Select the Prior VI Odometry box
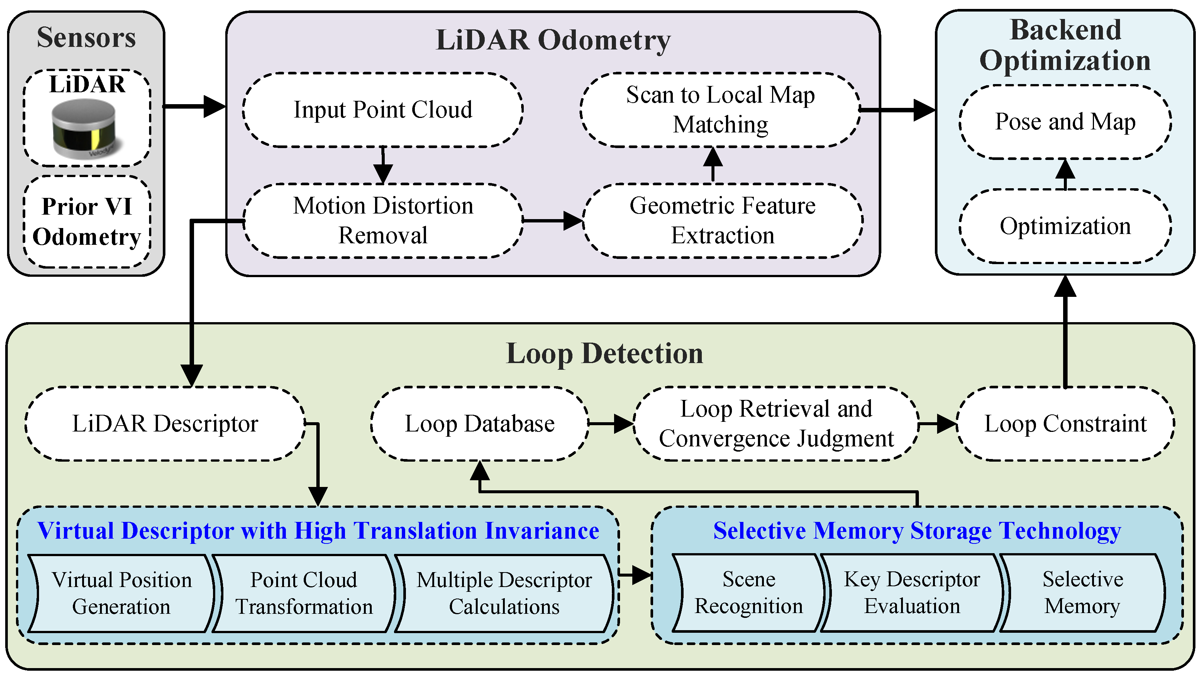87,222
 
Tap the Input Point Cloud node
382,110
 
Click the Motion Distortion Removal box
382,220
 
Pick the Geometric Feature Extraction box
722,220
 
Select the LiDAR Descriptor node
165,424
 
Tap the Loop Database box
479,424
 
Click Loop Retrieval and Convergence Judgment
776,424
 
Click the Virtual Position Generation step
122,593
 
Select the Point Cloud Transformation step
304,593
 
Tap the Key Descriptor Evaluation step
911,593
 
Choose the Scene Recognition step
748,593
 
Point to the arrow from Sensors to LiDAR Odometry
194,106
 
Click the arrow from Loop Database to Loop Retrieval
610,424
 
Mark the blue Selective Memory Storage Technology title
917,531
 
